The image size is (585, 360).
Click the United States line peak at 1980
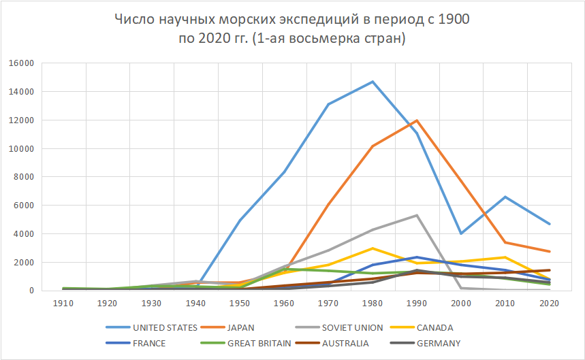coord(373,82)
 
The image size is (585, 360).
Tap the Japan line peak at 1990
coord(416,120)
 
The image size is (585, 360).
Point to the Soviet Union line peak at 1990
coord(416,215)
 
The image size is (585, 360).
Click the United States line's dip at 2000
coord(460,233)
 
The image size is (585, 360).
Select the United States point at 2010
coord(505,197)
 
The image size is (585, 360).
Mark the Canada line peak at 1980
coord(373,248)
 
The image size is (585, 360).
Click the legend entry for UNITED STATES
coord(164,327)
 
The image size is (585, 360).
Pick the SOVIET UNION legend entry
coord(339,327)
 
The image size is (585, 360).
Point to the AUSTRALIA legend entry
coord(345,343)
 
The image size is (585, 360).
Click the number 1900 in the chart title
coord(454,20)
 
